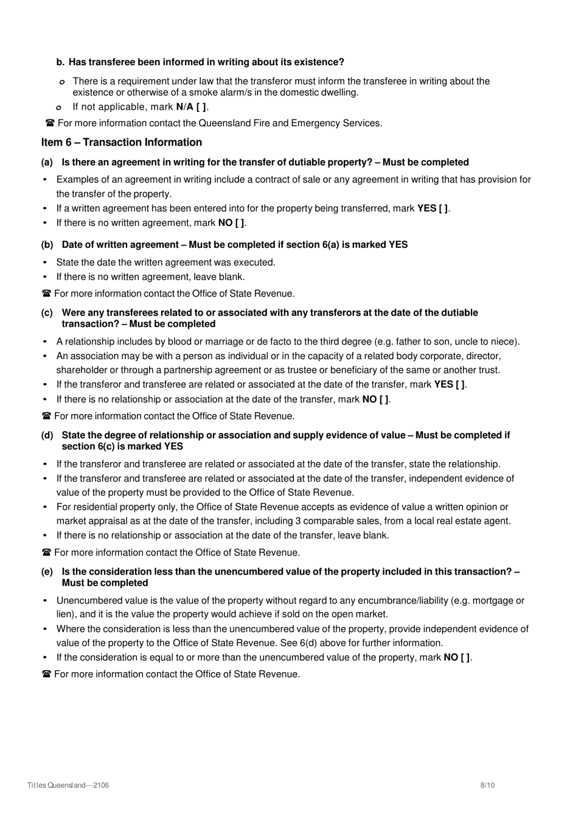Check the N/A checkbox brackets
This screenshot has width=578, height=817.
click(x=201, y=107)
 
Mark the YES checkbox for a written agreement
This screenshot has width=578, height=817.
click(x=444, y=208)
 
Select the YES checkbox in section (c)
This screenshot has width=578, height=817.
click(x=461, y=385)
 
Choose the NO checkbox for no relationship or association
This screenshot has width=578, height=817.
click(x=384, y=399)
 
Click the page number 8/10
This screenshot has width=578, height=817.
click(x=487, y=785)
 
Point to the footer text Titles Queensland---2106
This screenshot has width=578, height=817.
click(x=68, y=785)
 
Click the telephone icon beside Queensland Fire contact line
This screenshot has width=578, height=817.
click(x=50, y=124)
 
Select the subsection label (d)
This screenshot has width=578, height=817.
click(x=47, y=435)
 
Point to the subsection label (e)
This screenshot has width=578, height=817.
click(x=47, y=572)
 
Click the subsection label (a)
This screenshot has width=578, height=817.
click(x=47, y=163)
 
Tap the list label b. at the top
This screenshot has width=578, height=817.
click(x=60, y=62)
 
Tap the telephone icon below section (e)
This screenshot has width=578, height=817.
click(x=46, y=675)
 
